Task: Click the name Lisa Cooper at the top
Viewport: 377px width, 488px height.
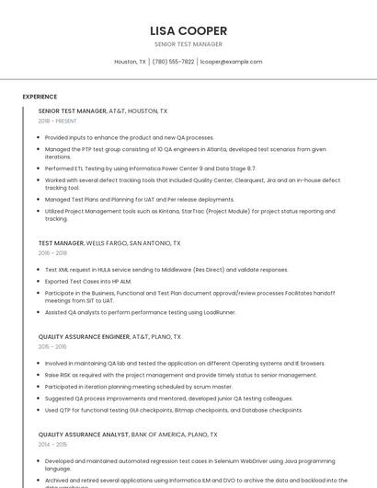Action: pyautogui.click(x=188, y=30)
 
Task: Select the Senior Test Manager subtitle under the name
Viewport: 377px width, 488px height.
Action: pyautogui.click(x=188, y=44)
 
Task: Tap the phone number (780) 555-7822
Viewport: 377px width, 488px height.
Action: pyautogui.click(x=173, y=62)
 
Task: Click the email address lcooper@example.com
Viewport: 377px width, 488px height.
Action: pyautogui.click(x=231, y=62)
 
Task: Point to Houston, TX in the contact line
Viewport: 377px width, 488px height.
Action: pyautogui.click(x=130, y=62)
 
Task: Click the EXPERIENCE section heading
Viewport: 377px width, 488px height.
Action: pyautogui.click(x=40, y=97)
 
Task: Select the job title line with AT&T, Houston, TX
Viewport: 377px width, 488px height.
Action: pyautogui.click(x=103, y=110)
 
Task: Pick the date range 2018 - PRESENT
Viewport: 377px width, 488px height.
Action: pyautogui.click(x=58, y=121)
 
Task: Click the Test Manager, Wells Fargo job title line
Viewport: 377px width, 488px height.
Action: pyautogui.click(x=109, y=243)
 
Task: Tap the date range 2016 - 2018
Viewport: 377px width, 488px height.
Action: pyautogui.click(x=52, y=253)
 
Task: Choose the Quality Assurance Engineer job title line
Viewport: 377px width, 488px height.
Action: pyautogui.click(x=109, y=337)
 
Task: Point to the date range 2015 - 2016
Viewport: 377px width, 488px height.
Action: pyautogui.click(x=52, y=347)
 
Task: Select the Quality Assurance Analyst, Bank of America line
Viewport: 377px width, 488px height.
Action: pyautogui.click(x=128, y=434)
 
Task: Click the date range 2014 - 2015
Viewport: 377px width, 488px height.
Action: pyautogui.click(x=52, y=444)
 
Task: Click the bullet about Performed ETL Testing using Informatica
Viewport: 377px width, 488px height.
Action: pyautogui.click(x=151, y=168)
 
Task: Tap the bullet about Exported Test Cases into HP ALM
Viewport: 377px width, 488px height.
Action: pyautogui.click(x=88, y=281)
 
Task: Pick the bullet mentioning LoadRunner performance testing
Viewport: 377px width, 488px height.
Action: pyautogui.click(x=141, y=312)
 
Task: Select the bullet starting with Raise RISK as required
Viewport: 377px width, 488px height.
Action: pyautogui.click(x=181, y=375)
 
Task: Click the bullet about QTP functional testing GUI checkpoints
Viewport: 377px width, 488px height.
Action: pyautogui.click(x=174, y=410)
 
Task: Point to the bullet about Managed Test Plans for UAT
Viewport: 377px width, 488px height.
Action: pyautogui.click(x=140, y=199)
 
